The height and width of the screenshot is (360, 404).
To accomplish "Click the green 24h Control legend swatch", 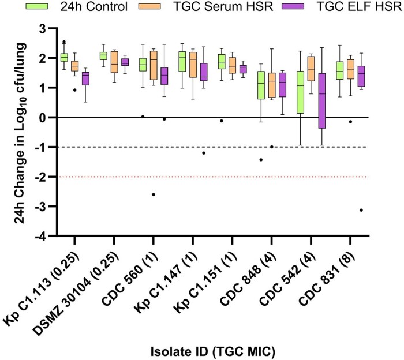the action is pyautogui.click(x=37, y=6).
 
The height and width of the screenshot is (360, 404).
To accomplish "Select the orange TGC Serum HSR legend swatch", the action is pyautogui.click(x=149, y=6).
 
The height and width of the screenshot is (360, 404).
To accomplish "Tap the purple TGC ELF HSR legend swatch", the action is pyautogui.click(x=293, y=6).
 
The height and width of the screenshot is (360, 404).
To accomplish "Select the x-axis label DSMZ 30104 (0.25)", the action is pyautogui.click(x=76, y=293).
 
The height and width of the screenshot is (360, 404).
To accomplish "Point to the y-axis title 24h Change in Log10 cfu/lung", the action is pyautogui.click(x=20, y=133).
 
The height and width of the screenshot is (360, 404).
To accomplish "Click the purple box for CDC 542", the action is pyautogui.click(x=321, y=101).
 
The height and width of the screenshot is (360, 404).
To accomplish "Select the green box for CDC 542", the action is pyautogui.click(x=300, y=92).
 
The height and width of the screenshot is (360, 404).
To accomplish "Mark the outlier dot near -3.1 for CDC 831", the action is pyautogui.click(x=361, y=210).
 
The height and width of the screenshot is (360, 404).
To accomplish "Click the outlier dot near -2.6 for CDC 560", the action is pyautogui.click(x=154, y=194).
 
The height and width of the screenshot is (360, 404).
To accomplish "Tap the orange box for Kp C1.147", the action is pyautogui.click(x=193, y=65).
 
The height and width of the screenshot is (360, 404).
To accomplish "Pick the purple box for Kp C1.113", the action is pyautogui.click(x=85, y=78).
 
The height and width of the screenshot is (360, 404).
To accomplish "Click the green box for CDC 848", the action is pyautogui.click(x=261, y=85).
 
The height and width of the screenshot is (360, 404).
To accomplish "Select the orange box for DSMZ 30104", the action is pyautogui.click(x=114, y=62).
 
